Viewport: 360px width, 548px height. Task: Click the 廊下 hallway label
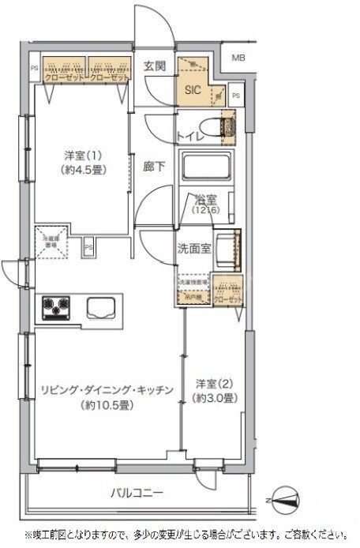click(153, 167)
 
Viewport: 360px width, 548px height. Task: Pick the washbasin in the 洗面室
click(227, 246)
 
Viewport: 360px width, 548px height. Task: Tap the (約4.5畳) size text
click(82, 170)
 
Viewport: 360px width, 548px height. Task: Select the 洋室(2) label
click(214, 385)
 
